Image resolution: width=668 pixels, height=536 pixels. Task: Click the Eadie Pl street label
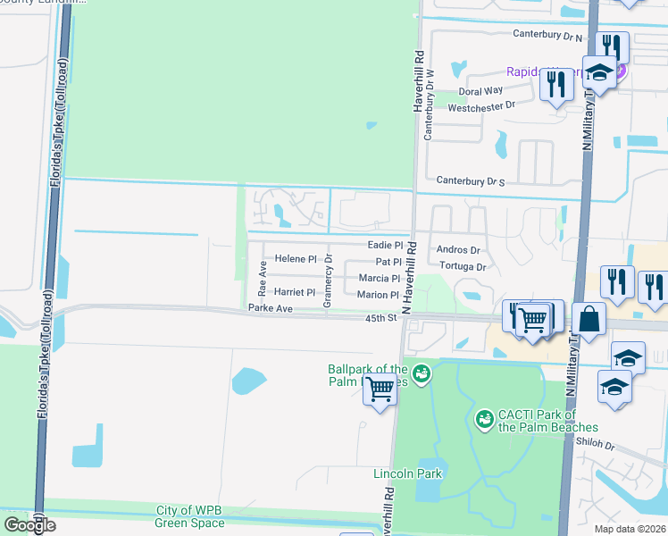click(x=386, y=245)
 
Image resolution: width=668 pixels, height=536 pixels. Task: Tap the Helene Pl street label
click(x=296, y=259)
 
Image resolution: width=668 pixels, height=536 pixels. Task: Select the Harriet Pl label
click(x=295, y=292)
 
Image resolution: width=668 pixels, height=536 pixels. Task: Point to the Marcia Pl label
click(x=379, y=279)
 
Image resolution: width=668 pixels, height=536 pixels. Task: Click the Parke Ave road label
click(x=271, y=309)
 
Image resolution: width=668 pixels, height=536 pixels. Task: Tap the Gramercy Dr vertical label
click(x=328, y=281)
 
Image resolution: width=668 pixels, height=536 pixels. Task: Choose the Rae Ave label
click(x=263, y=279)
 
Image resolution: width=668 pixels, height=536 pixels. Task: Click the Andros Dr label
click(x=458, y=250)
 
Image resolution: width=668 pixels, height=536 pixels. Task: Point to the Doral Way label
click(x=480, y=91)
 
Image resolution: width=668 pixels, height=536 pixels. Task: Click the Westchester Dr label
click(x=482, y=106)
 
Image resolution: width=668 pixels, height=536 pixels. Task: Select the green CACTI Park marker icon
click(x=484, y=418)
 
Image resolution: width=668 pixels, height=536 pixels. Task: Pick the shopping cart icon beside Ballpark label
click(x=380, y=389)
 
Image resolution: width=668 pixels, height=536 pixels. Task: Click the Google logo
click(x=29, y=524)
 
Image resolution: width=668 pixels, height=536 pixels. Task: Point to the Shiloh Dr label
click(x=597, y=445)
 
